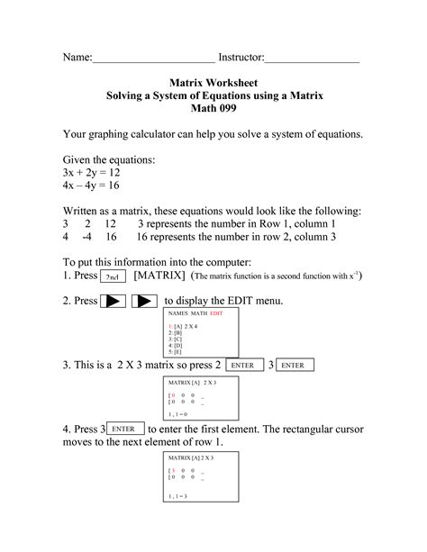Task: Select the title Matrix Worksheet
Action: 213,81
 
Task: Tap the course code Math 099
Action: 213,108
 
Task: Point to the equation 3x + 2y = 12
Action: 94,171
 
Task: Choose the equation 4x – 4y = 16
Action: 94,185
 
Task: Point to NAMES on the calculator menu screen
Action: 178,313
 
